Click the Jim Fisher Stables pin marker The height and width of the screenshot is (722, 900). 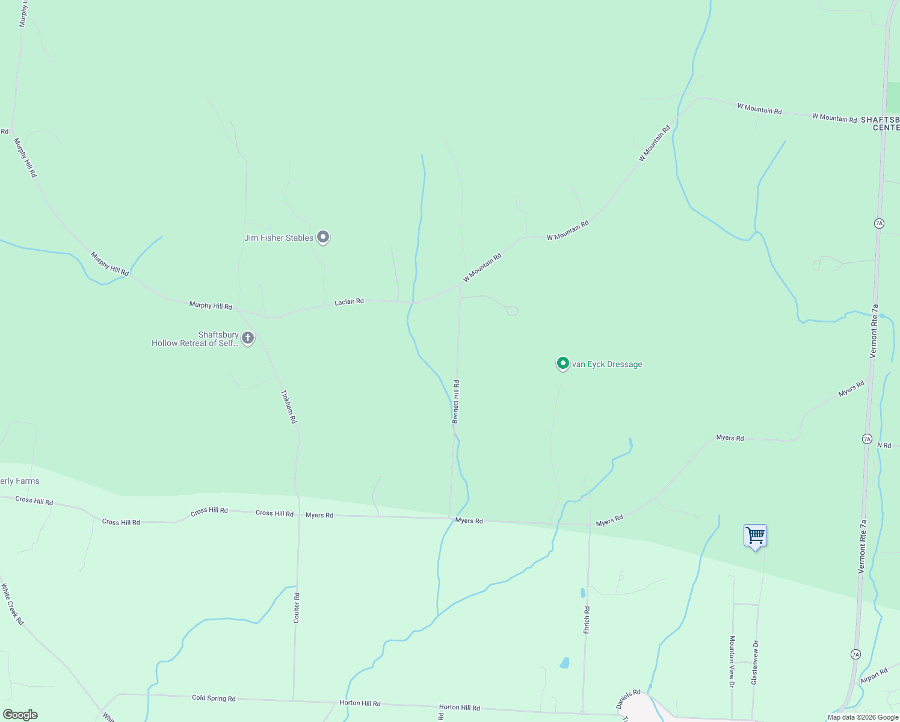(323, 237)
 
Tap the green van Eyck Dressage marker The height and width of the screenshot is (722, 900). (562, 363)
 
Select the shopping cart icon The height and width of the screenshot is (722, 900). (755, 535)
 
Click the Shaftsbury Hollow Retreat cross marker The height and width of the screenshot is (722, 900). (247, 338)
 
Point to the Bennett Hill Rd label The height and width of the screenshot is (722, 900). (456, 402)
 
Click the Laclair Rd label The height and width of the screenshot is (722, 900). (349, 301)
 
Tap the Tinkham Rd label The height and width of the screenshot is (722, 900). (289, 407)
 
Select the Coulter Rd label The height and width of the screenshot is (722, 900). (297, 608)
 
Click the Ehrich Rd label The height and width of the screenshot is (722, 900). (587, 619)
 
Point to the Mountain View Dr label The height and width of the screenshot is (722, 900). (732, 661)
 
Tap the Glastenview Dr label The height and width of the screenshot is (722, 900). (754, 662)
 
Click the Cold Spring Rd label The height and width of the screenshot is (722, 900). (214, 698)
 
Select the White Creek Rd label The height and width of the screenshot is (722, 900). (12, 604)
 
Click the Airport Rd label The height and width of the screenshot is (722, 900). (874, 676)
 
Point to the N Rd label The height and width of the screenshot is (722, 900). (884, 445)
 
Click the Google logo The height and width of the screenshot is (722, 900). (20, 715)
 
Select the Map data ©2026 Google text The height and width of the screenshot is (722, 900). (863, 717)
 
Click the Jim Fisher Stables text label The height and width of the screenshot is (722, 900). (279, 238)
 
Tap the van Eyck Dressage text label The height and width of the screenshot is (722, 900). (607, 364)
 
